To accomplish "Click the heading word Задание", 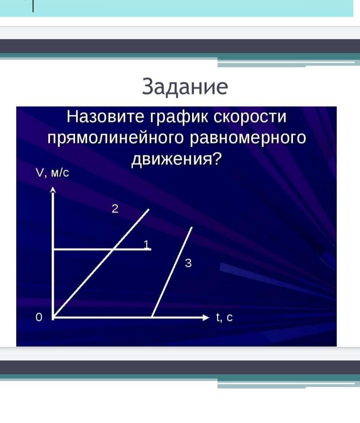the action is [x=185, y=87].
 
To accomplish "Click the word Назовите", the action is [x=105, y=117].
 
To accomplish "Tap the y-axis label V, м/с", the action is [x=52, y=173].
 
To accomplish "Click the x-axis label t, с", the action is [x=224, y=317].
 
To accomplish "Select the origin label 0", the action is [x=39, y=318].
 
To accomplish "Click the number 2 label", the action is [x=115, y=208].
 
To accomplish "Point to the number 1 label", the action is [x=146, y=244].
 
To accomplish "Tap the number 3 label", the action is [x=188, y=263].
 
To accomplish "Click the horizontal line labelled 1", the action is [x=102, y=250].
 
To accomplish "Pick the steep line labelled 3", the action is [x=172, y=272].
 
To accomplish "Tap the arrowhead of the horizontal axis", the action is [x=206, y=318].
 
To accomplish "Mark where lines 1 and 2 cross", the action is [x=113, y=250].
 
